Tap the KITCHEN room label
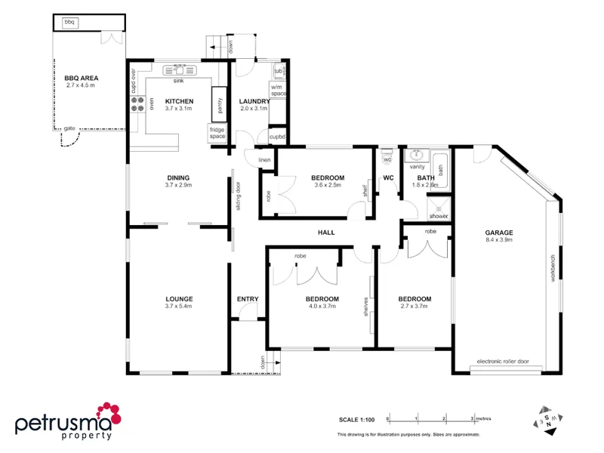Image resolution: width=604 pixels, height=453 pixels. tap(179, 101)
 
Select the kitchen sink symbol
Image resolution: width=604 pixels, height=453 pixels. tap(179, 70)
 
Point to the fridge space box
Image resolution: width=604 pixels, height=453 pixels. tap(217, 133)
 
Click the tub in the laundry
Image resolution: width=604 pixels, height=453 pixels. tap(279, 71)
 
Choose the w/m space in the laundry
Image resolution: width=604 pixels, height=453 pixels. tap(279, 91)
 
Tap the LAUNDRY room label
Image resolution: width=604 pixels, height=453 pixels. tap(254, 101)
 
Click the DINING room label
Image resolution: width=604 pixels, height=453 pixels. tap(179, 178)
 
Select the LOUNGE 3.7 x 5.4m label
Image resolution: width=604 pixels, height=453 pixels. tap(179, 302)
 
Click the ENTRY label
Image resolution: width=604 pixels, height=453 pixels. tap(248, 299)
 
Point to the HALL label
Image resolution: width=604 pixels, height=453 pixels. tap(326, 233)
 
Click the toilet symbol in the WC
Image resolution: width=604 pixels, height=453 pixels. tap(387, 159)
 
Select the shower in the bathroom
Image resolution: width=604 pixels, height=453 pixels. tap(439, 208)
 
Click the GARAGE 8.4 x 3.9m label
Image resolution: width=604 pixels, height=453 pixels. tap(499, 236)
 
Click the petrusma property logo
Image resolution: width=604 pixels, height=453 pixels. tap(66, 421)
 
